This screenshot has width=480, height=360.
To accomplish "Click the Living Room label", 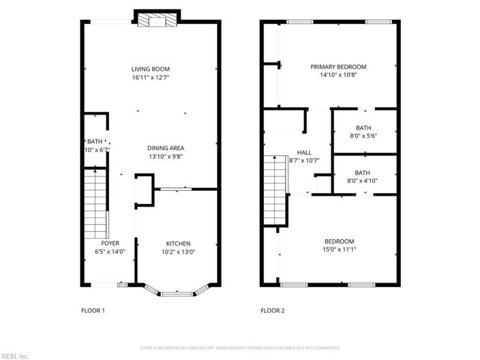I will pyautogui.click(x=151, y=69).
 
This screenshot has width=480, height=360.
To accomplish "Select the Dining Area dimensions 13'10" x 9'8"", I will pyautogui.click(x=166, y=156).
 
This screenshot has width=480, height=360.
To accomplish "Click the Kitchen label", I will pyautogui.click(x=178, y=243).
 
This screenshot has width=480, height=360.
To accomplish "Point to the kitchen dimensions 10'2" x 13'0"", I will pyautogui.click(x=178, y=252).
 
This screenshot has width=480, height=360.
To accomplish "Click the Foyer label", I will pyautogui.click(x=110, y=243).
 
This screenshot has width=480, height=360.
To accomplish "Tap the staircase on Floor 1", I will pyautogui.click(x=95, y=203).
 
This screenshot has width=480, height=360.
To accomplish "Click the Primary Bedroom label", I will pyautogui.click(x=338, y=67).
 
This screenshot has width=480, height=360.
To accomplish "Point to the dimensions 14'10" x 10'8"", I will pyautogui.click(x=338, y=75).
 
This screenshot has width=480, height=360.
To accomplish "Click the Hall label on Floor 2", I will pyautogui.click(x=304, y=152).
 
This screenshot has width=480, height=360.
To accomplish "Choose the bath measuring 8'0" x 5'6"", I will pyautogui.click(x=363, y=131).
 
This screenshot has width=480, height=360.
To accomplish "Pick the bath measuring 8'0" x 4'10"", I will pyautogui.click(x=363, y=176).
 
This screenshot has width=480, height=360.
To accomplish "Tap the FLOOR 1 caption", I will pyautogui.click(x=93, y=311).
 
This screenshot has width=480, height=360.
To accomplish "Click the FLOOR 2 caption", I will pyautogui.click(x=272, y=311).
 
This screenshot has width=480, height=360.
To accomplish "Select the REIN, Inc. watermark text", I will pyautogui.click(x=14, y=356).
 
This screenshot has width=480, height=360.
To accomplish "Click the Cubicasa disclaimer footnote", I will pyautogui.click(x=240, y=347).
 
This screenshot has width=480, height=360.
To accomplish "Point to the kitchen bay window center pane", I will pyautogui.click(x=178, y=294).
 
